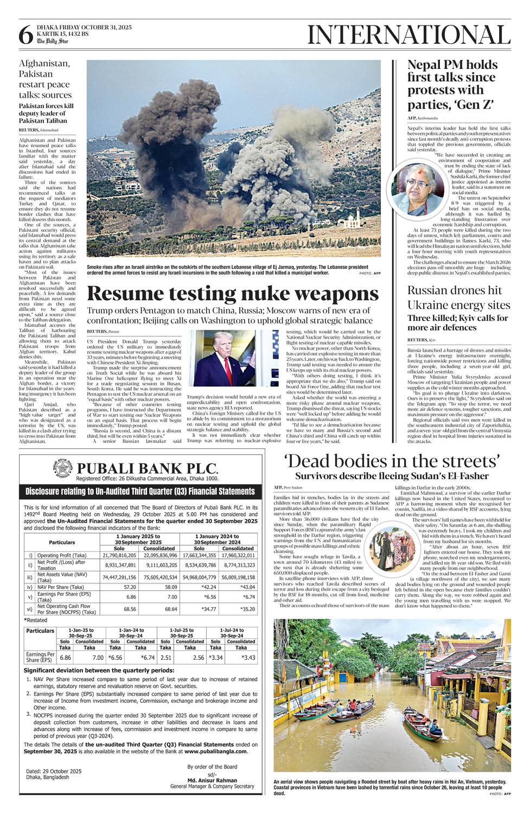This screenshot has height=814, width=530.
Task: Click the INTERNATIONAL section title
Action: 408,35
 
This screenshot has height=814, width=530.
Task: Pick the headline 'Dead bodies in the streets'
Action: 392,462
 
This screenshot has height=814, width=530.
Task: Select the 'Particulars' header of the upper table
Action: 62,543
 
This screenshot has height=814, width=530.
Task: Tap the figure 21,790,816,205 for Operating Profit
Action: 119,556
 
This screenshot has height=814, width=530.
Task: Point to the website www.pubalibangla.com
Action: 216,752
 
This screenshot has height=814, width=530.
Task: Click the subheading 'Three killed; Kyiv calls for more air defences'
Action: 458,323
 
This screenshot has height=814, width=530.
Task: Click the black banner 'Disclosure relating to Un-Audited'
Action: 141,492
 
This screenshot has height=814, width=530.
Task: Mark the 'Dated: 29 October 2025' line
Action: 54,771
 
